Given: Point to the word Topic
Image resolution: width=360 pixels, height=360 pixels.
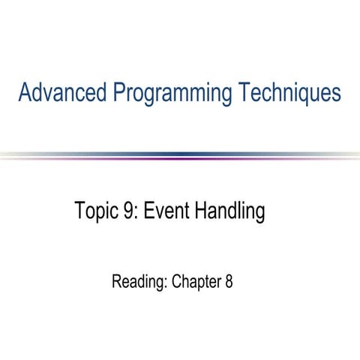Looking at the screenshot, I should tap(94, 212).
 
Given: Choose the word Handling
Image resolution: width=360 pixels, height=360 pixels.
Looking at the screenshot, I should tap(229, 213).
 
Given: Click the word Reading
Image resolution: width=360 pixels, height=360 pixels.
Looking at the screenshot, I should tap(138, 283).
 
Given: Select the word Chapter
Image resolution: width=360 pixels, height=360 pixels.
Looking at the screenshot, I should tap(196, 283).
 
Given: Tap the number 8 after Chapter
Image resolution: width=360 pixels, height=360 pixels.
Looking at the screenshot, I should tap(228, 283).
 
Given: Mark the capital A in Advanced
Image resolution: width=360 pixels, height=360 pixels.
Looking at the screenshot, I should tap(25, 94).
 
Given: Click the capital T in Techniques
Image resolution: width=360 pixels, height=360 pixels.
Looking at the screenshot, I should tap(245, 94).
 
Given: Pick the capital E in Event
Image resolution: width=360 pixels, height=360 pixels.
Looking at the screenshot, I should tap(148, 212).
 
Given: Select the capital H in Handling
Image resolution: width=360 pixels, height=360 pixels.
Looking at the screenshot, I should tap(201, 212).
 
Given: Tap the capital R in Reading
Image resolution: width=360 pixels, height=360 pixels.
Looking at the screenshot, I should tap(116, 283).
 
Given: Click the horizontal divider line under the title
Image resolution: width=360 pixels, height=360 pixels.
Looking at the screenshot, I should tap(180, 156).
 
